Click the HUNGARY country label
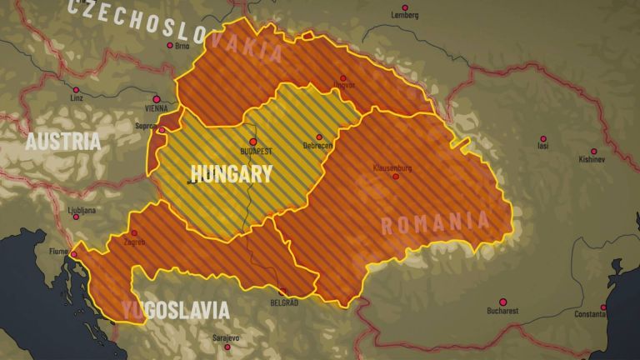tap(231, 174)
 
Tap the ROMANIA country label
tap(434, 222)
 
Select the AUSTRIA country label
tap(63, 142)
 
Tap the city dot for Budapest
tap(253, 142)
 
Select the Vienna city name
tap(156, 108)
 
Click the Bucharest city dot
tap(502, 302)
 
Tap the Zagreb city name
tap(134, 242)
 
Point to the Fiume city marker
tap(74, 255)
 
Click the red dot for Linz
tap(76, 89)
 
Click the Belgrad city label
tap(284, 302)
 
